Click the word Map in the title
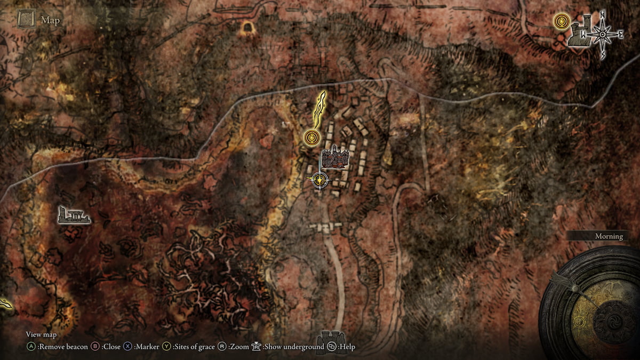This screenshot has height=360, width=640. (x=50, y=20)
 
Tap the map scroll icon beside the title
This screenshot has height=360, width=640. (x=26, y=20)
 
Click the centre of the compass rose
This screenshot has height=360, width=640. (x=603, y=35)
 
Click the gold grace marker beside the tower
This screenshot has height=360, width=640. (x=561, y=22)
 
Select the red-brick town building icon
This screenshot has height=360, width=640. (x=335, y=158)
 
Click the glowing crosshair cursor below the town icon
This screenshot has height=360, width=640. (x=319, y=181)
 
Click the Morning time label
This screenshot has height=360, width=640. (x=609, y=236)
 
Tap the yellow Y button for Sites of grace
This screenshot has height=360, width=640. (x=166, y=347)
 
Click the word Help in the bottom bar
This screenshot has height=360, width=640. (x=347, y=347)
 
